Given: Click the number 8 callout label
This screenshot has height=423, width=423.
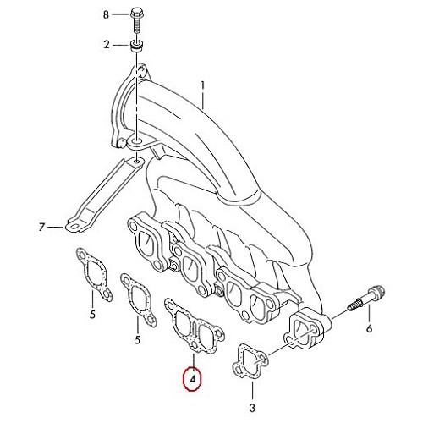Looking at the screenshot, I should (106, 15).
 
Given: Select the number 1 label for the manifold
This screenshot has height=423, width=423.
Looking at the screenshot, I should (203, 85).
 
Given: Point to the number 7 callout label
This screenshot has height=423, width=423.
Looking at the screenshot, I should (41, 227).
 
